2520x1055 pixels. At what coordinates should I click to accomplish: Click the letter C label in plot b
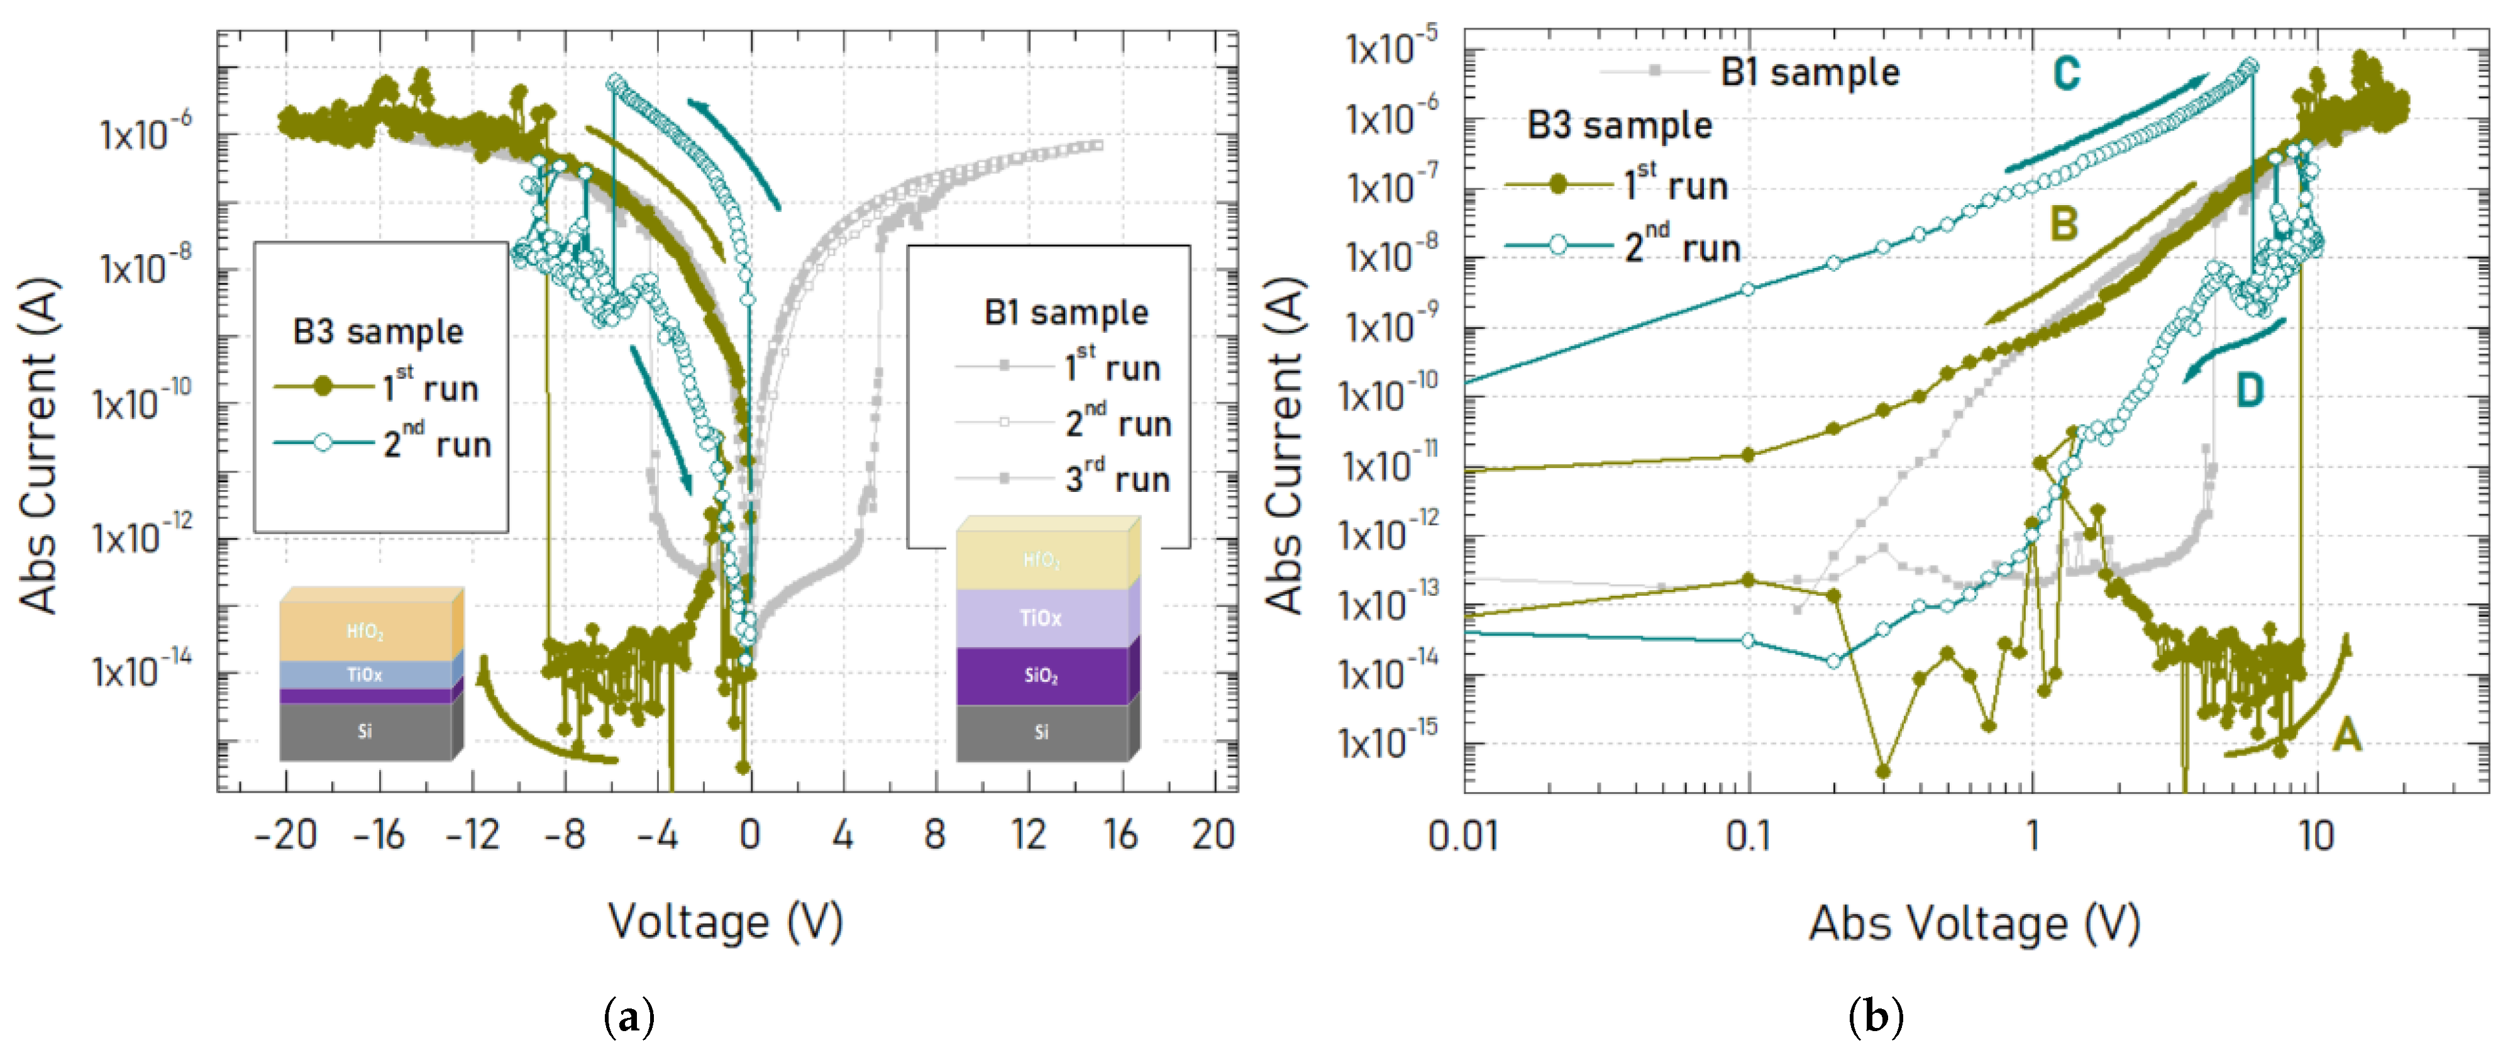tap(2065, 74)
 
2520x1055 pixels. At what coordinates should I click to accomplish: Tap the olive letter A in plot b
tap(2346, 733)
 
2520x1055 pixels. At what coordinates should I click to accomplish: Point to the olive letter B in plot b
tap(2063, 224)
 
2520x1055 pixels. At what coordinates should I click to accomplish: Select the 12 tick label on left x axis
tap(1028, 835)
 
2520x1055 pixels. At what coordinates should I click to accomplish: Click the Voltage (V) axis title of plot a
tap(725, 921)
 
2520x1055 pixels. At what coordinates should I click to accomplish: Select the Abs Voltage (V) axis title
tap(1974, 923)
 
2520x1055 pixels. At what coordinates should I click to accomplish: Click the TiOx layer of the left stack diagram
tap(364, 674)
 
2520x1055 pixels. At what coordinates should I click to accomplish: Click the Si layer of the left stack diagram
tap(364, 731)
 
